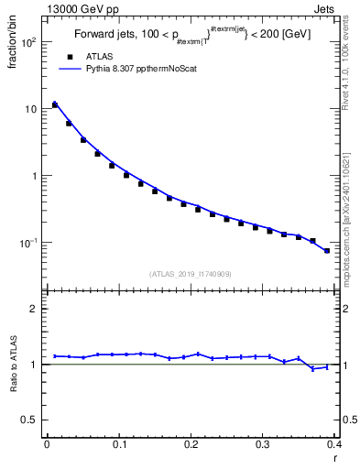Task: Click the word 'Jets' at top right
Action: (x=323, y=8)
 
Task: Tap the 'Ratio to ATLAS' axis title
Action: (x=13, y=365)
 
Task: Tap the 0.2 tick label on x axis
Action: (x=191, y=445)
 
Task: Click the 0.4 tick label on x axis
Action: (x=334, y=445)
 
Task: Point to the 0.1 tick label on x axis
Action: (x=118, y=445)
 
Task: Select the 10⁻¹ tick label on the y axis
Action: (x=27, y=243)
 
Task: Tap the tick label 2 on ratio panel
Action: (x=34, y=309)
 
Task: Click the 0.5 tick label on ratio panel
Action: (x=30, y=420)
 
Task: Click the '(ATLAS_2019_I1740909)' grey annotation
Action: (x=191, y=273)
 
